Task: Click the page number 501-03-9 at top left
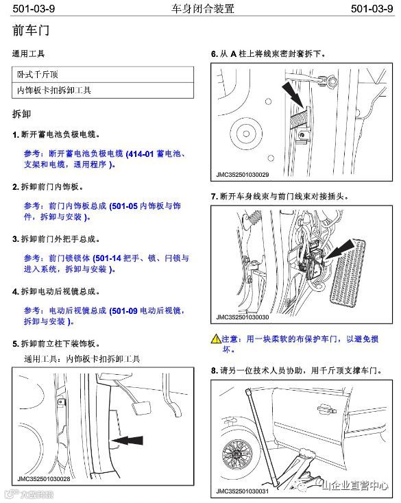[x=34, y=8]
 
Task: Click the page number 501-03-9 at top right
[x=372, y=8]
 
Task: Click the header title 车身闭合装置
[x=202, y=8]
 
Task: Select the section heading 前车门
[x=31, y=30]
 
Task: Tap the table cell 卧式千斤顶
[x=38, y=75]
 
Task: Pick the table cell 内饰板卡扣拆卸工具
[x=54, y=90]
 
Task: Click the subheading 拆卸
[x=21, y=114]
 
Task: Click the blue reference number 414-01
[x=141, y=154]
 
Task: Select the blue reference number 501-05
[x=125, y=206]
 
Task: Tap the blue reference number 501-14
[x=108, y=258]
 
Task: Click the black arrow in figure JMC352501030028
[x=127, y=440]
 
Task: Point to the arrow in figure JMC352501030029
[x=293, y=95]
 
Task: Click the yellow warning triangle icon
[x=216, y=339]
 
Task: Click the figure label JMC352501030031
[x=242, y=491]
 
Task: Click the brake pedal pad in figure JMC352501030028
[x=141, y=408]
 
